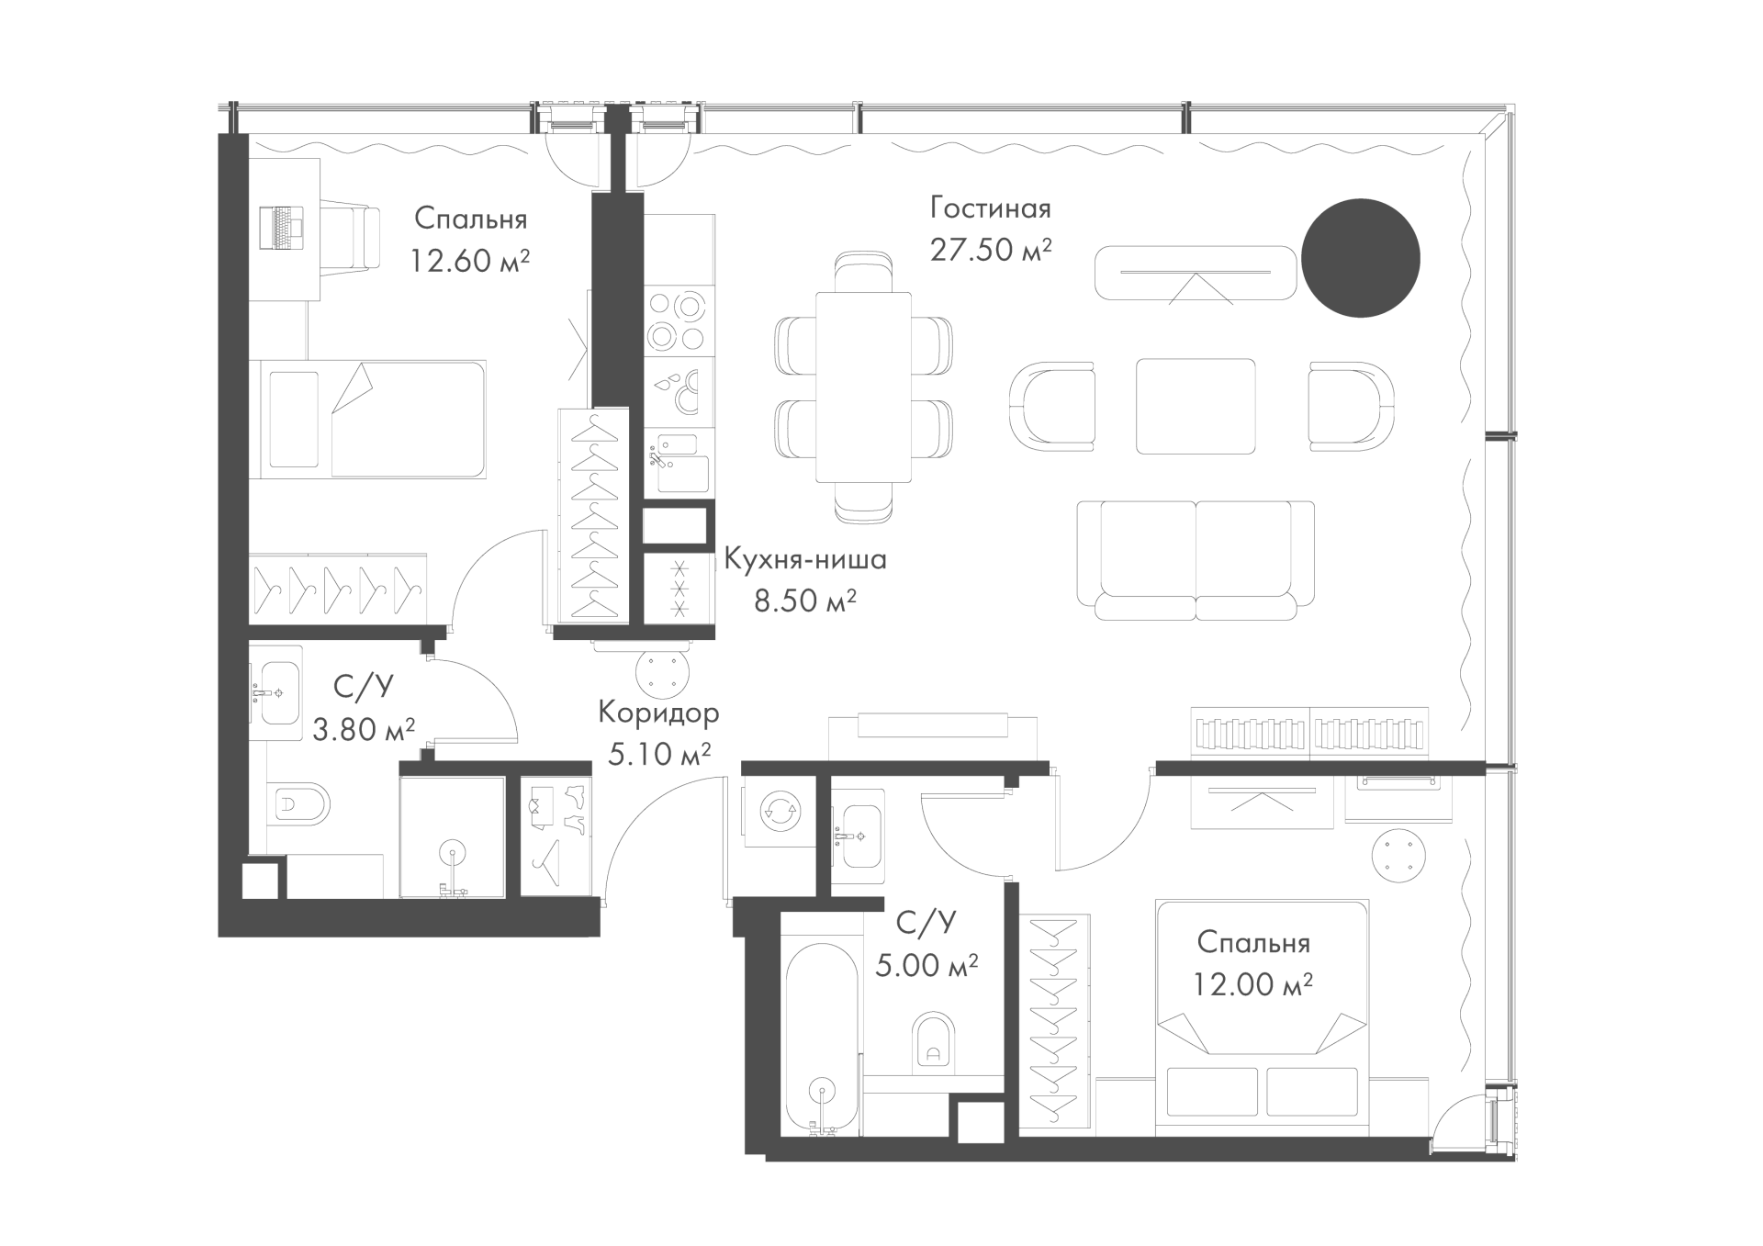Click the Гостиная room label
click(x=990, y=208)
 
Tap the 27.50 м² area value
click(x=990, y=250)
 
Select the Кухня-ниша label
click(x=805, y=559)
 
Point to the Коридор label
click(x=658, y=712)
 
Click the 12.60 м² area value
click(x=469, y=261)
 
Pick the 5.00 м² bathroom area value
click(x=926, y=966)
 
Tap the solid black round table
click(x=1361, y=259)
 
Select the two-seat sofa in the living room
click(x=1196, y=560)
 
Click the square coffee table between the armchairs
click(x=1196, y=406)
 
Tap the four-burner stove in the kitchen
click(x=679, y=321)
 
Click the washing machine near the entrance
click(x=780, y=812)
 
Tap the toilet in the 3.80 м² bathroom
click(x=302, y=806)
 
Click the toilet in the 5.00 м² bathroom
click(x=934, y=1043)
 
